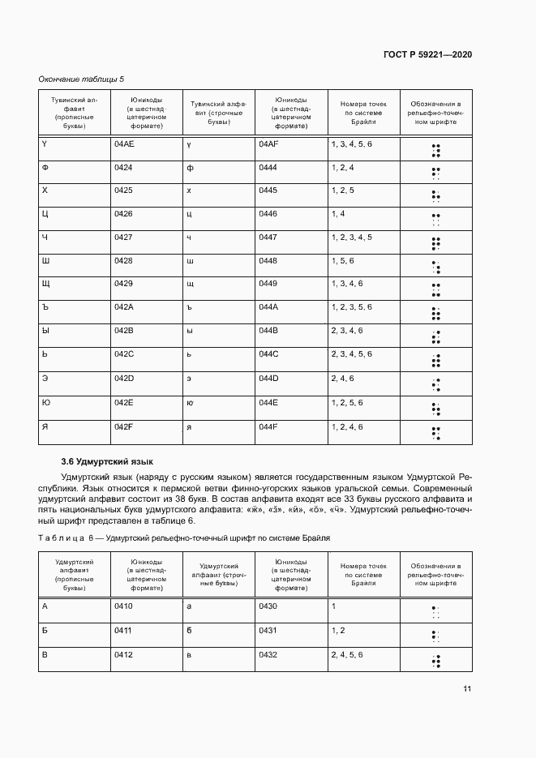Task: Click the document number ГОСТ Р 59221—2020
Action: tap(427, 54)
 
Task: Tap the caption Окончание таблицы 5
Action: tap(82, 79)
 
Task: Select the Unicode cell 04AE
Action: tap(123, 143)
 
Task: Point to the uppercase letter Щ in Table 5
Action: tap(46, 284)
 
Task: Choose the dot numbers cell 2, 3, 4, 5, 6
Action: tap(351, 354)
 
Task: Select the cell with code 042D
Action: tap(123, 378)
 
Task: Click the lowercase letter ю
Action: tap(190, 402)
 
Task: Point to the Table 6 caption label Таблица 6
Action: tap(67, 537)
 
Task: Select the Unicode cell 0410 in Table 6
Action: tap(123, 606)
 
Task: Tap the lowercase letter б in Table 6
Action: tap(189, 630)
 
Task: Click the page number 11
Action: tap(467, 689)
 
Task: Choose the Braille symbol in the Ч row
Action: tap(435, 242)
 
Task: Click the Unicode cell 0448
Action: tap(268, 260)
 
